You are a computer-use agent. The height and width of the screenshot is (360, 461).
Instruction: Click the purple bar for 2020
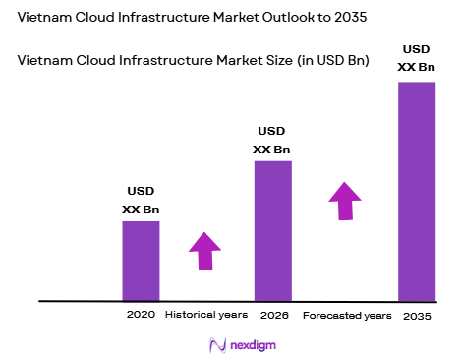click(x=141, y=261)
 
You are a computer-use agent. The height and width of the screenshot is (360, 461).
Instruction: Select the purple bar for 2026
click(x=273, y=230)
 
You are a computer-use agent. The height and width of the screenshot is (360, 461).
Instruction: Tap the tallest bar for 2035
click(x=416, y=191)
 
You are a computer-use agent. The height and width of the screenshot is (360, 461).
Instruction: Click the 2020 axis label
click(x=141, y=316)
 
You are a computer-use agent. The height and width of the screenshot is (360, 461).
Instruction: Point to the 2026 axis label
click(x=273, y=316)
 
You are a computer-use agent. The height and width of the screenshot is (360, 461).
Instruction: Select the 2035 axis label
click(x=416, y=316)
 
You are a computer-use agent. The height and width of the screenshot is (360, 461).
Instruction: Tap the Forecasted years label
click(x=346, y=316)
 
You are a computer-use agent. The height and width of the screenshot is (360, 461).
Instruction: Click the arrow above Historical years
click(x=204, y=250)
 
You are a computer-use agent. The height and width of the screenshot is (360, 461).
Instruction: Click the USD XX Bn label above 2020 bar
click(x=141, y=201)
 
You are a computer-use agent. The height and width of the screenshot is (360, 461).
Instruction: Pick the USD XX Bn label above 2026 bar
click(x=272, y=140)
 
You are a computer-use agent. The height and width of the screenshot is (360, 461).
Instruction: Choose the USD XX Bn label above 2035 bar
click(x=416, y=58)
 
